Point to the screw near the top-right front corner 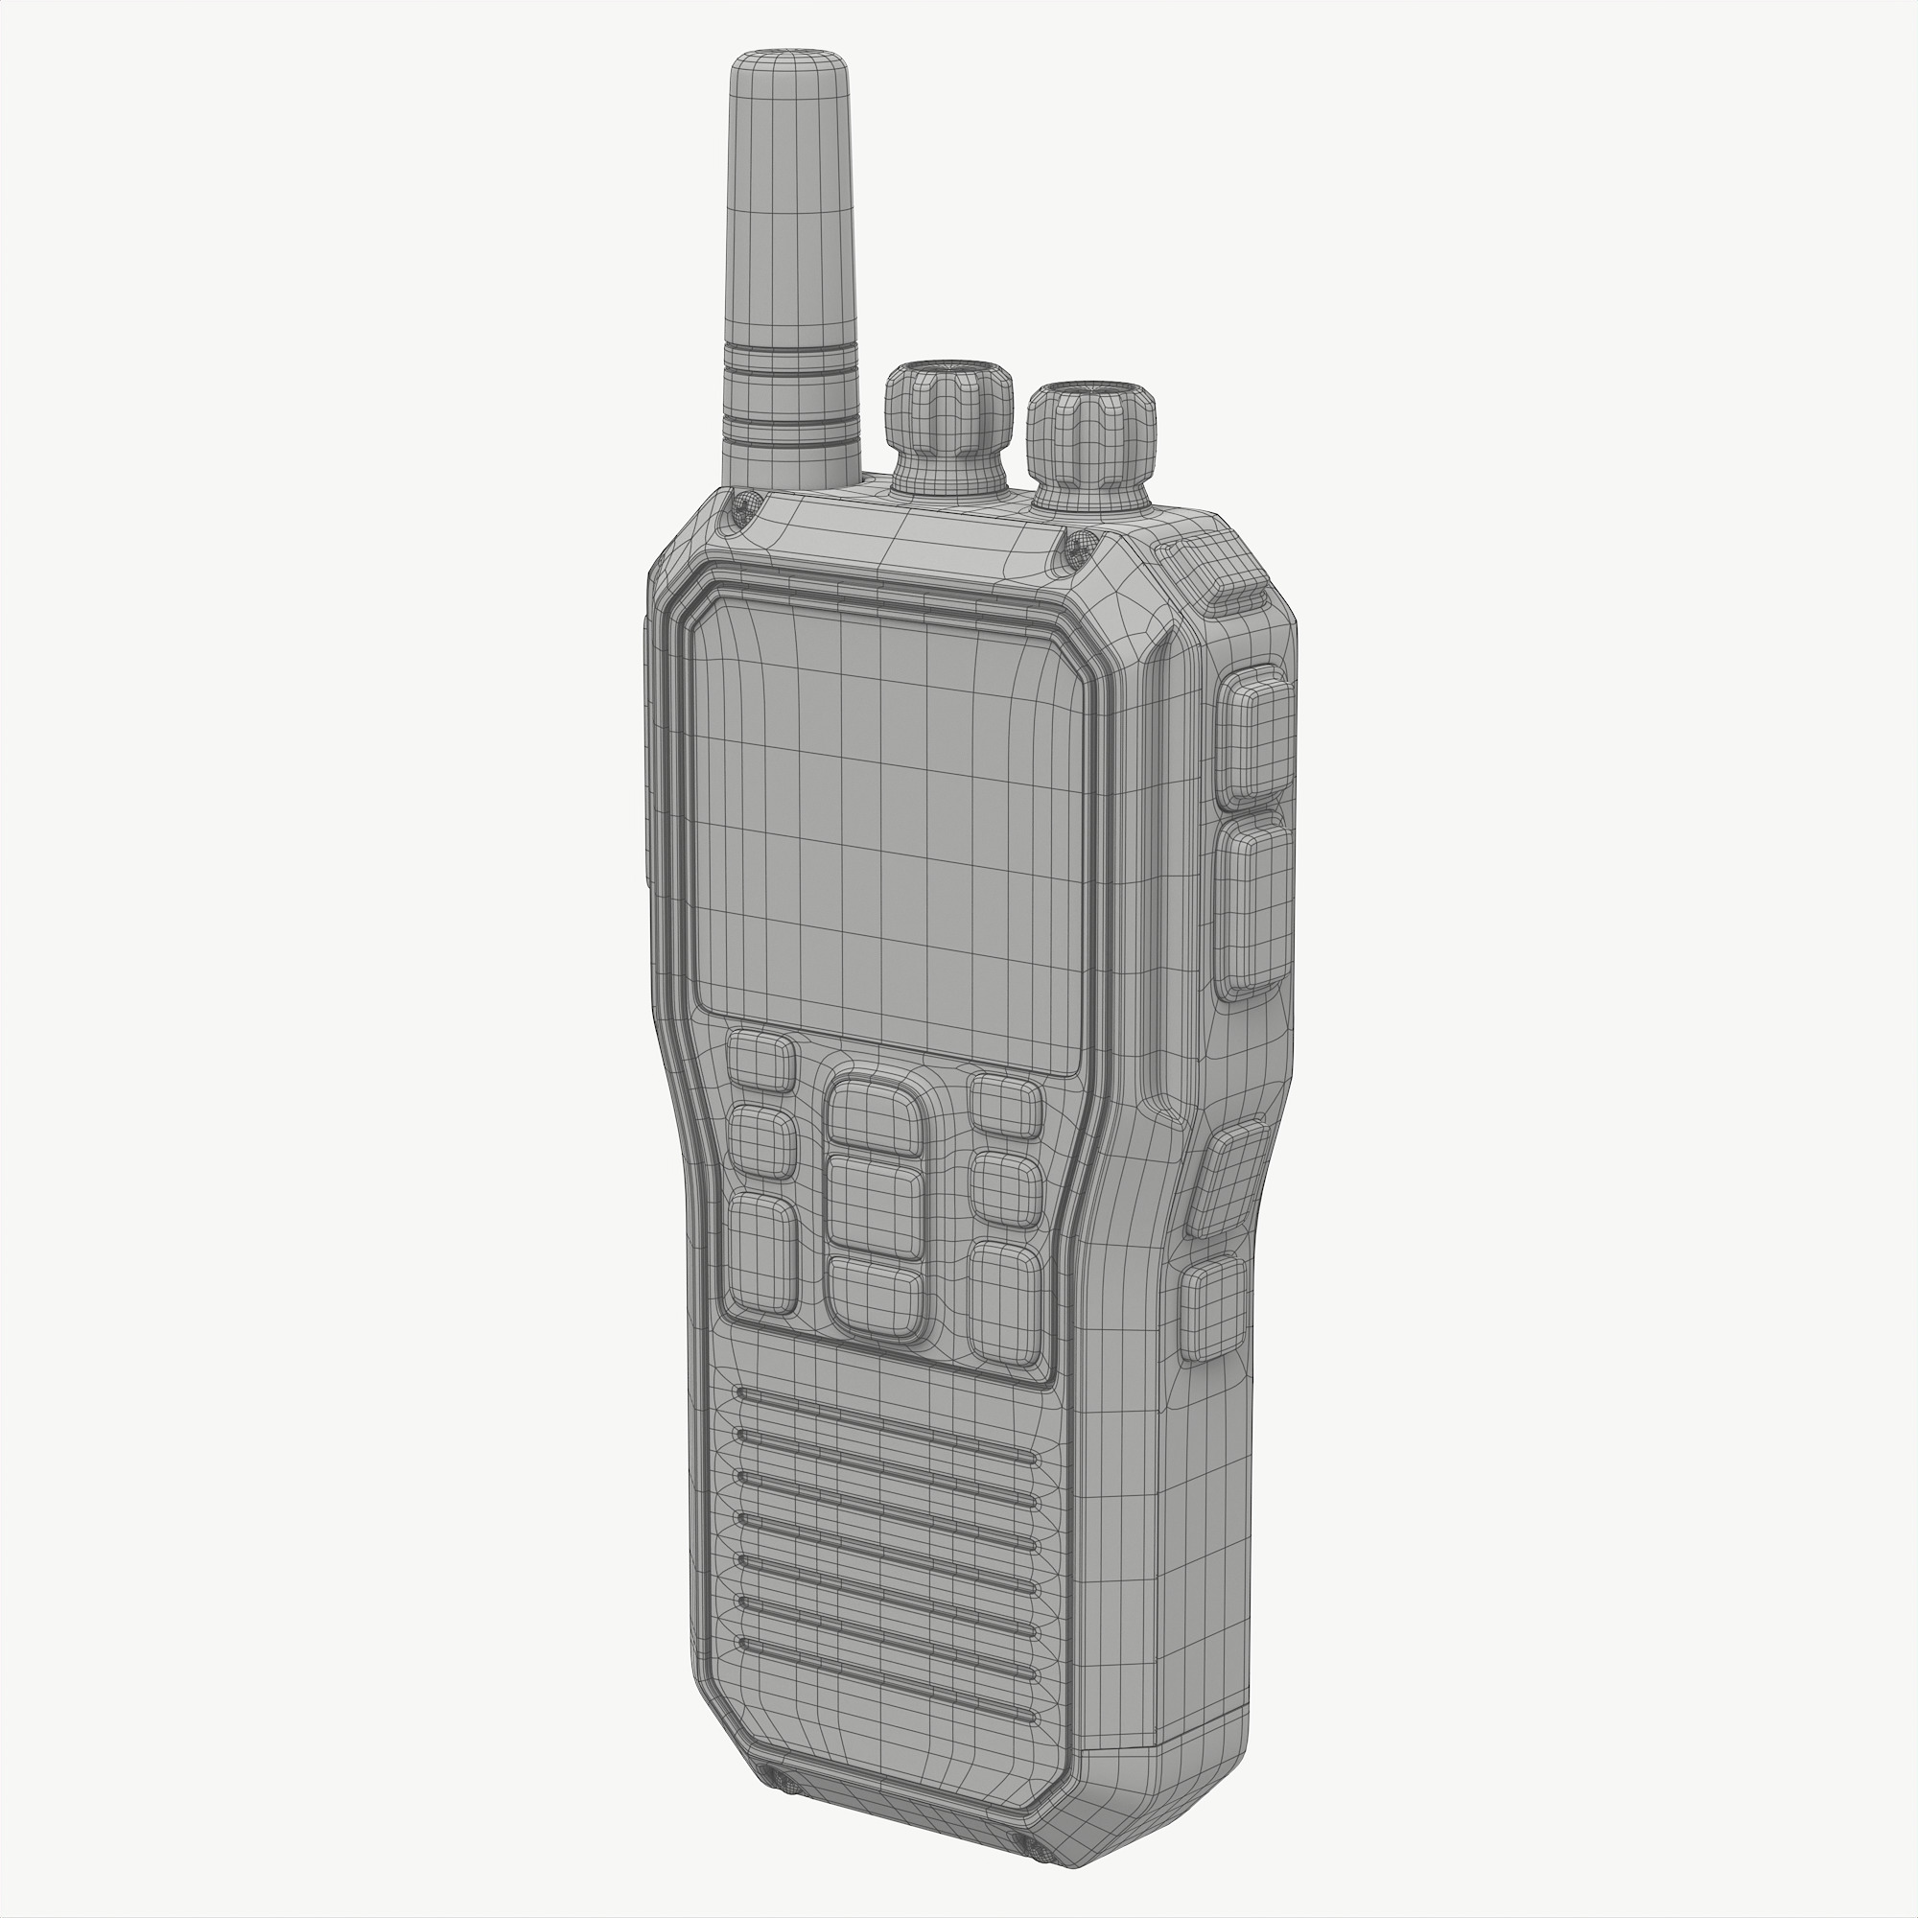(1080, 543)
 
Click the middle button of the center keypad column (874, 1206)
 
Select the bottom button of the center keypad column (874, 1298)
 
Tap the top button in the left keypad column (761, 1062)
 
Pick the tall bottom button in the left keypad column (762, 1253)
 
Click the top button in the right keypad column (1006, 1105)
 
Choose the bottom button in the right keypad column (1005, 1300)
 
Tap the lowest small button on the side (1212, 1308)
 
